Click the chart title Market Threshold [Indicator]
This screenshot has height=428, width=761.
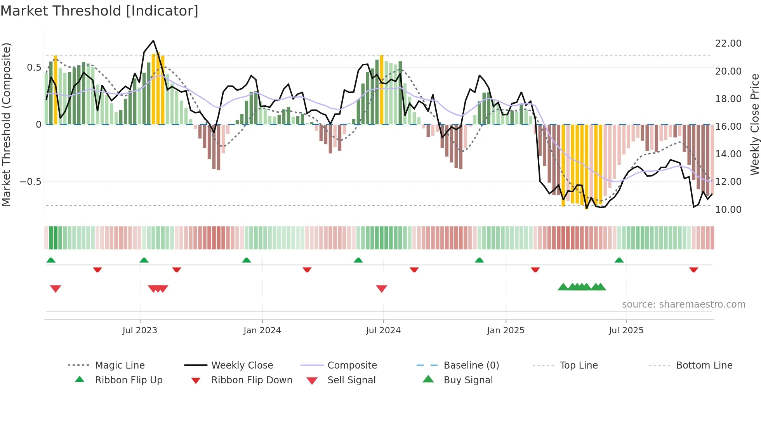[99, 11]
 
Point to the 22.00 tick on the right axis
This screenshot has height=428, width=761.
[728, 43]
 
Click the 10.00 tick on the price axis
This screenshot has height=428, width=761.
[728, 210]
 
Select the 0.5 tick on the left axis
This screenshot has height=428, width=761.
[34, 68]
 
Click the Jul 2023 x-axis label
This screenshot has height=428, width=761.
[140, 331]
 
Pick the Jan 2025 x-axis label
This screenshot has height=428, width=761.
[506, 331]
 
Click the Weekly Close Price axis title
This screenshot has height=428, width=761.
[754, 124]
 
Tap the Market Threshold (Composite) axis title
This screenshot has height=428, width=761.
[6, 124]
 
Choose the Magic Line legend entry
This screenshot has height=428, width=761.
[120, 365]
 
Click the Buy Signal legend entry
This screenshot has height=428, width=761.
[468, 380]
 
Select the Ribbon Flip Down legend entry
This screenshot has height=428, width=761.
[251, 380]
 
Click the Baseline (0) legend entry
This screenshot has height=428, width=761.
[471, 365]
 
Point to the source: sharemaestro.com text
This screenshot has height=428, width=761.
[683, 304]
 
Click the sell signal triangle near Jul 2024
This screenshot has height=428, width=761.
[382, 289]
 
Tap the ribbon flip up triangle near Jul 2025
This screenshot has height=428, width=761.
[619, 260]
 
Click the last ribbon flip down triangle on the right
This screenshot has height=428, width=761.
[693, 270]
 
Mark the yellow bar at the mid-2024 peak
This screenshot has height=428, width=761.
[382, 89]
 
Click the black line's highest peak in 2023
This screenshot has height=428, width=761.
[153, 41]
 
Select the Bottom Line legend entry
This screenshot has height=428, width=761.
[704, 365]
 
